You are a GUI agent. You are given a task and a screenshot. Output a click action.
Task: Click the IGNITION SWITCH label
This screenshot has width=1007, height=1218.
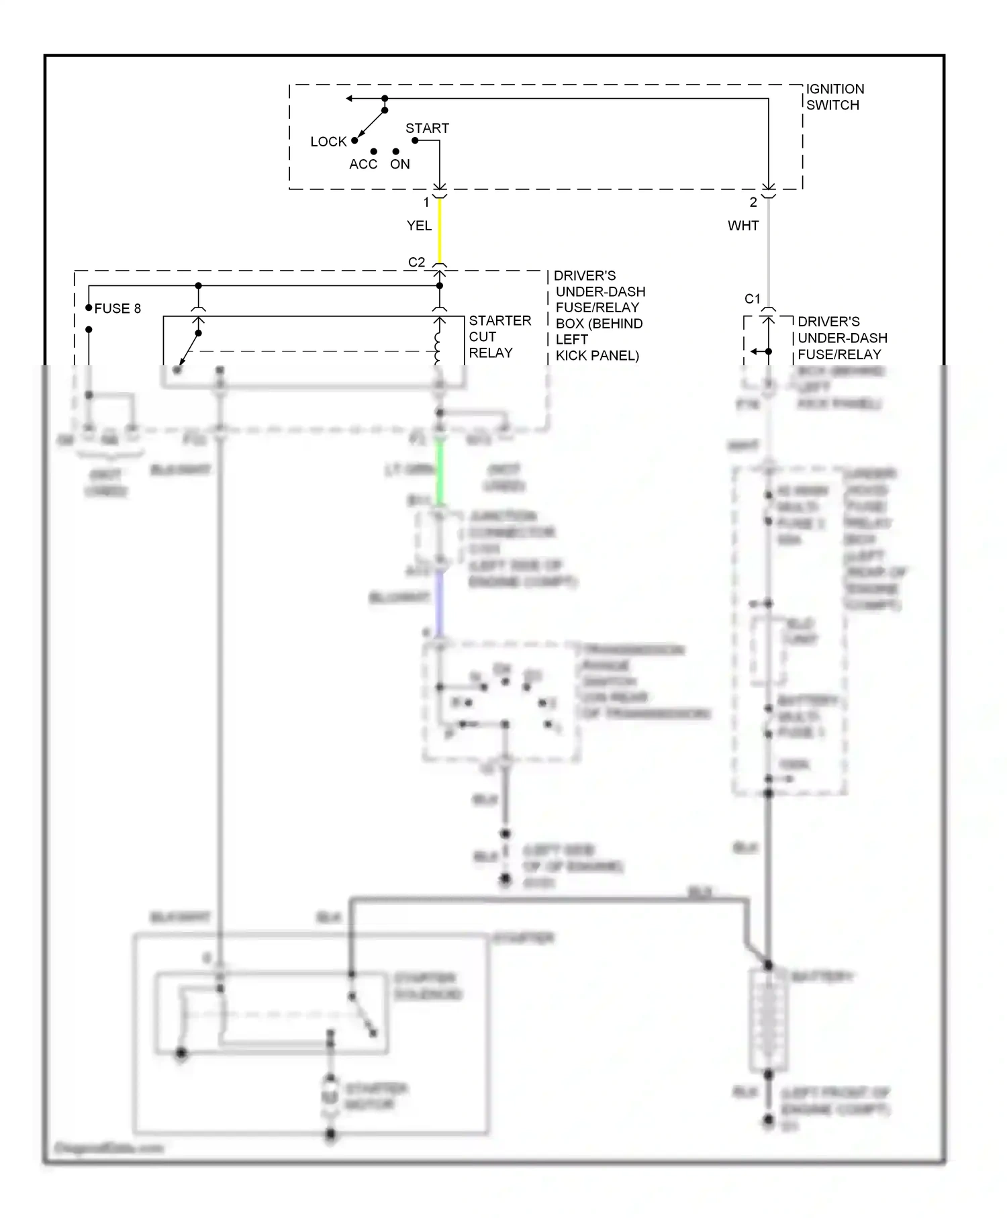coord(834,97)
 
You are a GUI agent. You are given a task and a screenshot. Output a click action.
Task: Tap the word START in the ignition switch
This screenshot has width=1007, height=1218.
coord(427,128)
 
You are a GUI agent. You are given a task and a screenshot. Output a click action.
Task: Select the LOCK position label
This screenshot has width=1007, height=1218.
coord(328,142)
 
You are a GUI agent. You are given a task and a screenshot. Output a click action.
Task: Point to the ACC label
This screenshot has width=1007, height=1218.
coord(363,165)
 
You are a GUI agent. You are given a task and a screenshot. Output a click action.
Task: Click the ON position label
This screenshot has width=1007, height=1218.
coord(400,165)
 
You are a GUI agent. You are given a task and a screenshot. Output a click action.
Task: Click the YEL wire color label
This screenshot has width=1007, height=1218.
coord(419,226)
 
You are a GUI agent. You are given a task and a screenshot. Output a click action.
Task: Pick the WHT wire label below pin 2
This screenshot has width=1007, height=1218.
coord(743,226)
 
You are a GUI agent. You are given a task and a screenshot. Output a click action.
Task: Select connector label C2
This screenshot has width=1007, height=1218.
coord(416,262)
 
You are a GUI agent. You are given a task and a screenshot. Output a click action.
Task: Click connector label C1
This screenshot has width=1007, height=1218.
coord(753,299)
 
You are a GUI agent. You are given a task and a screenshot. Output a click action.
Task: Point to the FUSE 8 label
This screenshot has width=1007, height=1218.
coord(117,308)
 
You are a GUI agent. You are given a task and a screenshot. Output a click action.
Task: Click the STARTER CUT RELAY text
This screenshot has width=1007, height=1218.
coord(499,336)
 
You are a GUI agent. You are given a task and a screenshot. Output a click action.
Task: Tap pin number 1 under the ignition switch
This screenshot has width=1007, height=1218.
coord(426,202)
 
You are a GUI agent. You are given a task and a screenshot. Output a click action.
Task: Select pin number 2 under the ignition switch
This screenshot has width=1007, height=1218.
coord(753,202)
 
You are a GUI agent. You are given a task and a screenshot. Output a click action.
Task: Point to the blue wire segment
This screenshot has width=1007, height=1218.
coord(440,604)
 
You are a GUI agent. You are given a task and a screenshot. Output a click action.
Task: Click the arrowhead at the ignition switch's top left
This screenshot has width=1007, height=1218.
coord(349,99)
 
